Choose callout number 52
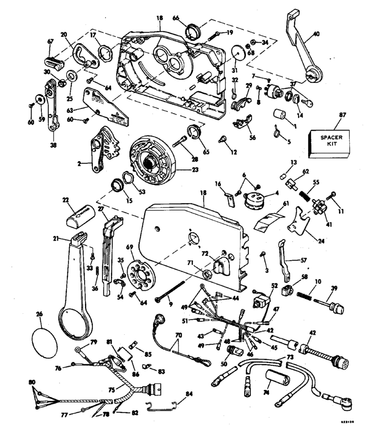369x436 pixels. [x=275, y=285]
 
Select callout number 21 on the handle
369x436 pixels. [x=55, y=239]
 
